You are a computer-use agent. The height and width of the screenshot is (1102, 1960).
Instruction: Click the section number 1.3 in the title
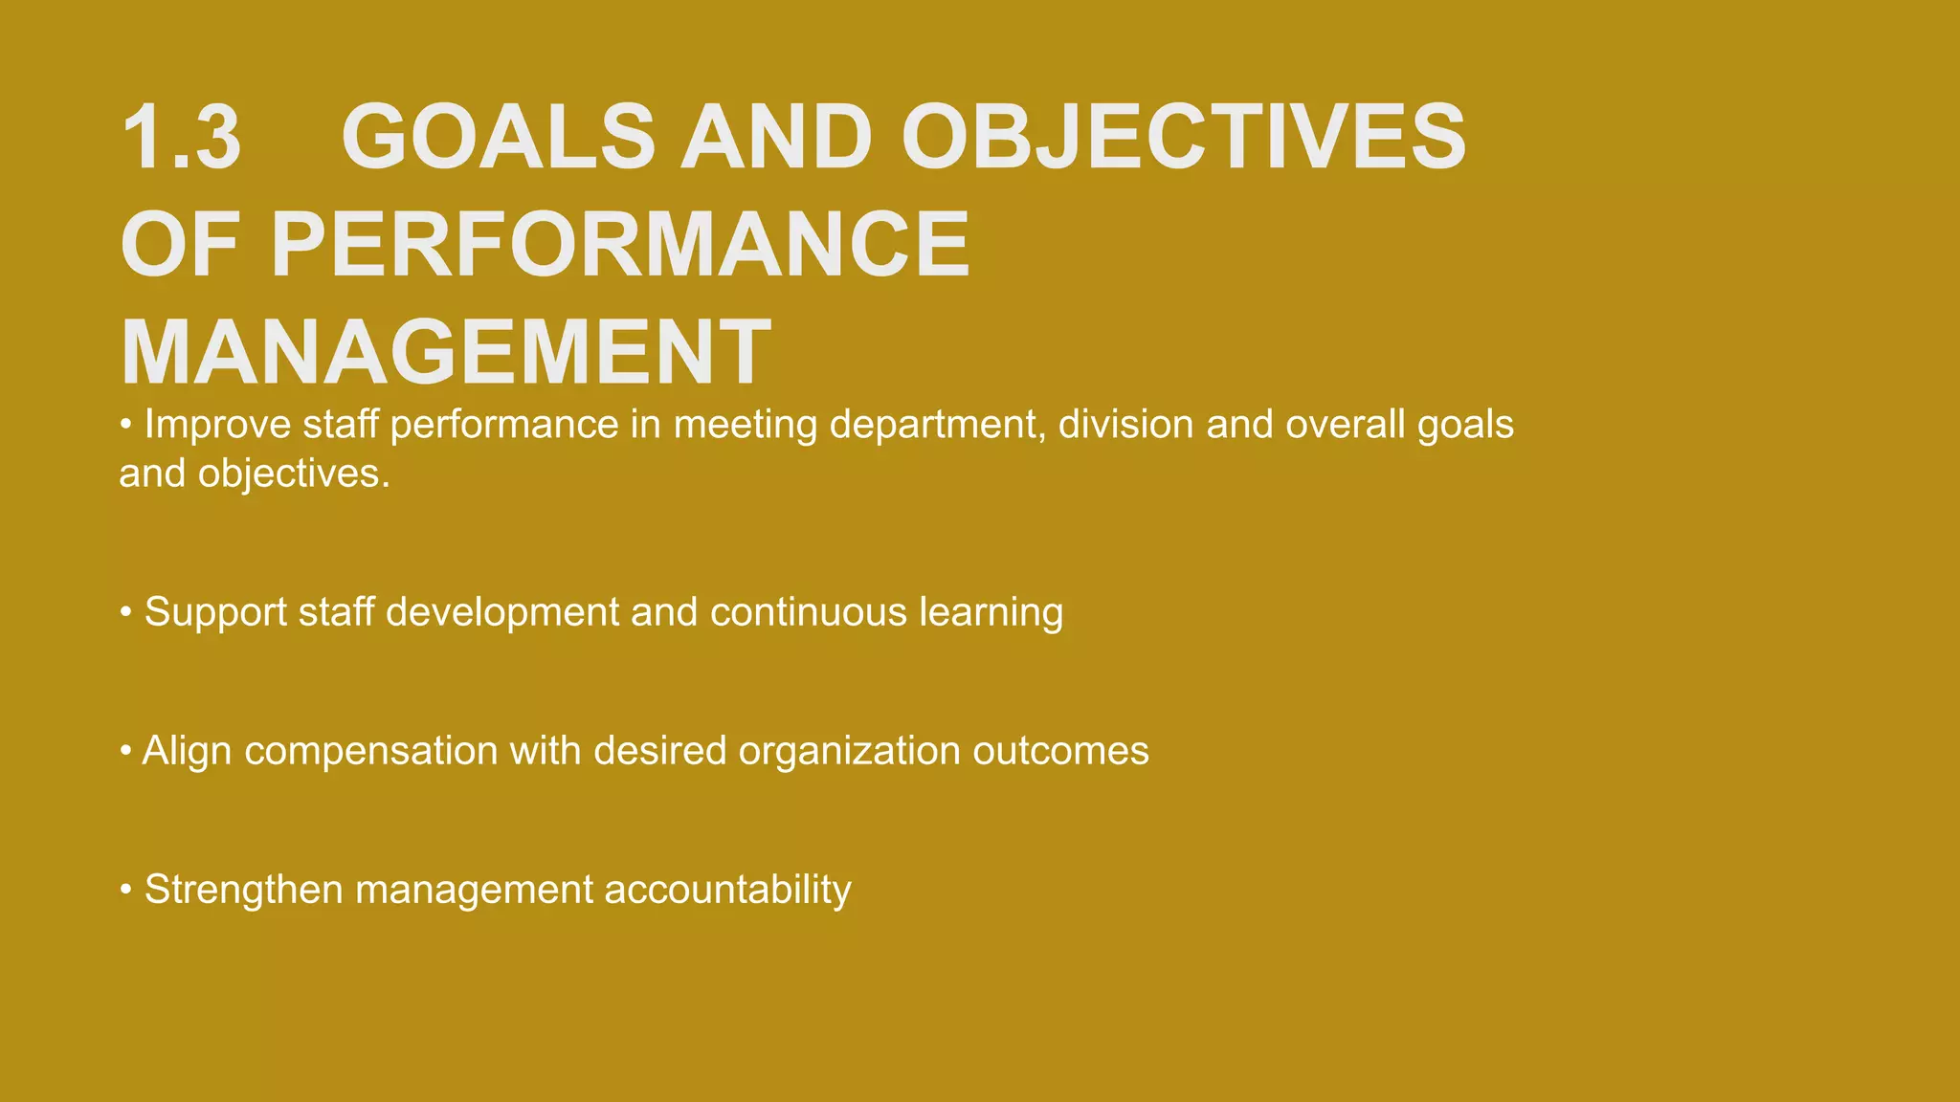(181, 138)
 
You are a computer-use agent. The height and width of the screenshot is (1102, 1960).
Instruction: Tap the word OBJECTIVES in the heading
(1183, 138)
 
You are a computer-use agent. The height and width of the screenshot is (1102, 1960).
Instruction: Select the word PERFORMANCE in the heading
(620, 245)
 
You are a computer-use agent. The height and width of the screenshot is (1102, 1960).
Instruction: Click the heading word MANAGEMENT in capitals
(446, 352)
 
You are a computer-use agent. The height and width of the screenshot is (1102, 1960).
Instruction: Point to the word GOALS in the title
(498, 138)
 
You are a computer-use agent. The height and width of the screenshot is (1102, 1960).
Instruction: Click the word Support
(215, 612)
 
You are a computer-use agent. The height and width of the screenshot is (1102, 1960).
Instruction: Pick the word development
(502, 613)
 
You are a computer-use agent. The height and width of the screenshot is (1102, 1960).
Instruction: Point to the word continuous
(808, 612)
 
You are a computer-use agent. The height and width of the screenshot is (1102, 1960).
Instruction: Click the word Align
(187, 751)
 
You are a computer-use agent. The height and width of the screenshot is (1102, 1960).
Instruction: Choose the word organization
(849, 752)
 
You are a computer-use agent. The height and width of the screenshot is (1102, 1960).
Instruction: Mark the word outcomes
(1060, 751)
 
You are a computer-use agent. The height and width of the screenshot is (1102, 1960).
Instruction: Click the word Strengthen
(243, 890)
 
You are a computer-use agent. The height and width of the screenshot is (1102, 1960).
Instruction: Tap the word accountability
(727, 891)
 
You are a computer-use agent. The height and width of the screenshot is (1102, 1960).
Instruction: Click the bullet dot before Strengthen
(125, 891)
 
